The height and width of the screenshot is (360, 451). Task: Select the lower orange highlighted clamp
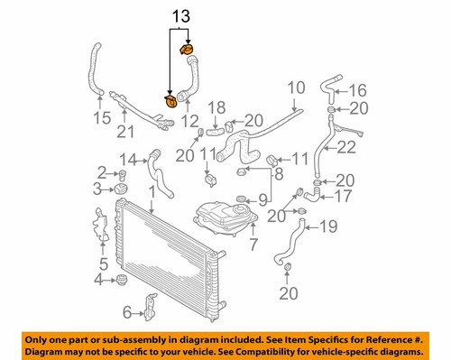[x=170, y=101]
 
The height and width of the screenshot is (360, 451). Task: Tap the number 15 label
[x=101, y=118]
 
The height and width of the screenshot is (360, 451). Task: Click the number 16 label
[x=359, y=89]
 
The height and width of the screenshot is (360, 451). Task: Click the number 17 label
[x=344, y=193]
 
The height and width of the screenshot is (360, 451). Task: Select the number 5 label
[x=103, y=264]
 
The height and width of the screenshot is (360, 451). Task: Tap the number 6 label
[x=127, y=312]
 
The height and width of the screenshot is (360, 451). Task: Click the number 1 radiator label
[x=153, y=191]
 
